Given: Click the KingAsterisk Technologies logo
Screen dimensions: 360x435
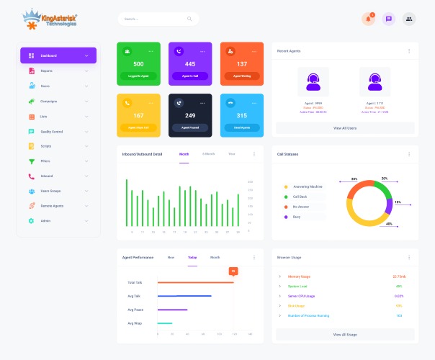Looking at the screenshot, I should tap(49, 19).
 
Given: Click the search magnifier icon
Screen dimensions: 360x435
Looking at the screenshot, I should tap(189, 19).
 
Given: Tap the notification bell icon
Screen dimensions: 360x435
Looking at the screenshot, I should tap(369, 19).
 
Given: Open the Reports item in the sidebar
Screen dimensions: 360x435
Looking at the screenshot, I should tap(46, 71).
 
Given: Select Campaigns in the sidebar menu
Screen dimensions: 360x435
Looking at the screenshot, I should tap(48, 101).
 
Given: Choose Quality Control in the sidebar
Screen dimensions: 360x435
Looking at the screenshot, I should tap(51, 131).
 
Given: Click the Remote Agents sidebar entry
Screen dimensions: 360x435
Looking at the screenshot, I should tap(52, 205).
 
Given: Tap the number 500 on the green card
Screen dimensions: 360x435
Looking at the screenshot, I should tap(138, 64).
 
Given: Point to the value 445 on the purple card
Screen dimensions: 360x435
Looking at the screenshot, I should tap(190, 64).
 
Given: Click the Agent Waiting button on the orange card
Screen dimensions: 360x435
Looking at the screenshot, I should tap(242, 76).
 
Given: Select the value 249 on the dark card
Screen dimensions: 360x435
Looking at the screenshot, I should tap(190, 115).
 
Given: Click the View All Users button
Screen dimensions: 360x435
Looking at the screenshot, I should tap(345, 127).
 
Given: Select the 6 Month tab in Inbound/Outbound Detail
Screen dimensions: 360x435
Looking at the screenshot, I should tap(208, 153).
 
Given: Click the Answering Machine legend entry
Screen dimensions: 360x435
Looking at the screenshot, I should tap(306, 186).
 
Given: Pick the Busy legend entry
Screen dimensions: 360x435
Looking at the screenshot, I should tap(297, 217).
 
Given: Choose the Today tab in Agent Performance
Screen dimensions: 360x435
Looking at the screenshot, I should tap(192, 257).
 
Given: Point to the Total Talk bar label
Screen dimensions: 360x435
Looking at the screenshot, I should tap(135, 282).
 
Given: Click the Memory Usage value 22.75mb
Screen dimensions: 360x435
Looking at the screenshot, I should tap(399, 276).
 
